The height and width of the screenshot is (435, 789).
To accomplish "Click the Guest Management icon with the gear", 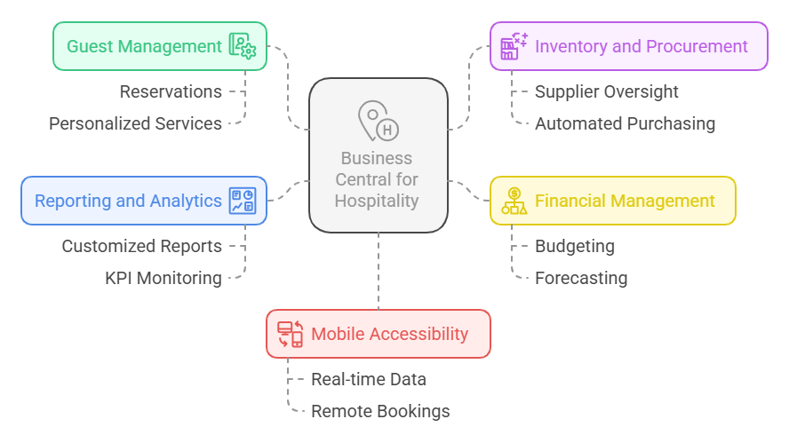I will pyautogui.click(x=242, y=46).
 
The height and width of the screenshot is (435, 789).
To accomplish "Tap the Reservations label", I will pyautogui.click(x=171, y=91).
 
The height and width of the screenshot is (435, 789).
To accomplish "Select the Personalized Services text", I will pyautogui.click(x=135, y=123).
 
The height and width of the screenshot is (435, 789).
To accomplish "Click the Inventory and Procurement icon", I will pyautogui.click(x=514, y=46).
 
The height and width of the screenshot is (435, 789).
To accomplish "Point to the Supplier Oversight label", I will pyautogui.click(x=606, y=91).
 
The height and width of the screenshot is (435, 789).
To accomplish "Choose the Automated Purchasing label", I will pyautogui.click(x=625, y=123).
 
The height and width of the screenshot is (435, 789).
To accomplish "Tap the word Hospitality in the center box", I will pyautogui.click(x=377, y=201).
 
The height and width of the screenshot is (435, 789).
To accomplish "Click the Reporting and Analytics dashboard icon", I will pyautogui.click(x=242, y=201).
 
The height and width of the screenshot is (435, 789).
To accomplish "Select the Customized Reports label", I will pyautogui.click(x=141, y=246).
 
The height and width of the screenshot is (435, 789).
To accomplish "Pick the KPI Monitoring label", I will pyautogui.click(x=163, y=278).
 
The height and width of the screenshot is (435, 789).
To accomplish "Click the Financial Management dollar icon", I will pyautogui.click(x=514, y=201).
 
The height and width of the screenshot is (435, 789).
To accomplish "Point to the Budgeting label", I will pyautogui.click(x=574, y=246).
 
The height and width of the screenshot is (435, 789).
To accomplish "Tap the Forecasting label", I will pyautogui.click(x=580, y=278).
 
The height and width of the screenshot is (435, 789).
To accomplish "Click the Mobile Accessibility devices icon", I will pyautogui.click(x=290, y=334).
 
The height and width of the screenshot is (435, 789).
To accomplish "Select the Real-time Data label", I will pyautogui.click(x=368, y=379).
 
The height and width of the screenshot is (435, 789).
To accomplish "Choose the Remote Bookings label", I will pyautogui.click(x=380, y=411).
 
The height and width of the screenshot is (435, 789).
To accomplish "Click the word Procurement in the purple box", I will pyautogui.click(x=699, y=46).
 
